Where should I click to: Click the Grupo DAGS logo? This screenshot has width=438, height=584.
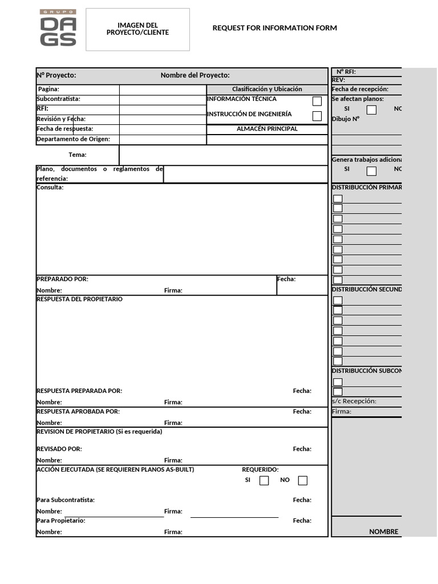click(x=58, y=29)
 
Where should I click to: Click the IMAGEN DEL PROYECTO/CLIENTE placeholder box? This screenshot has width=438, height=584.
click(x=137, y=29)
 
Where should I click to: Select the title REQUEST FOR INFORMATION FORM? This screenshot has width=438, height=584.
click(x=274, y=28)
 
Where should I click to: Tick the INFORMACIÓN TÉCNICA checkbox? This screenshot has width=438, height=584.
click(x=317, y=102)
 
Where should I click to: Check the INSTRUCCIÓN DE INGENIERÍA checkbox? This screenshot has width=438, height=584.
click(x=317, y=116)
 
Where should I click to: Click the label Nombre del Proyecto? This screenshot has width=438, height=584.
click(x=195, y=75)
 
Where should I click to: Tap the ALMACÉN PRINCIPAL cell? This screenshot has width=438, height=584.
click(x=267, y=129)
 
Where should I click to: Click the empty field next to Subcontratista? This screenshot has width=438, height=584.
click(x=163, y=100)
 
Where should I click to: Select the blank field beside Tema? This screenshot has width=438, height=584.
click(x=223, y=155)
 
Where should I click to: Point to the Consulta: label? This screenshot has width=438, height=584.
click(x=50, y=188)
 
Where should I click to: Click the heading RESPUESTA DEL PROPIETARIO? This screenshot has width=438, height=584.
click(x=79, y=299)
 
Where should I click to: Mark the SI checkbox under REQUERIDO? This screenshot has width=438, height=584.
click(x=264, y=480)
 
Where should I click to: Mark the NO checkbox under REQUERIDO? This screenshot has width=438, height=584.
click(x=303, y=480)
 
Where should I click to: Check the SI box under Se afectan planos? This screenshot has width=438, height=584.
click(x=371, y=109)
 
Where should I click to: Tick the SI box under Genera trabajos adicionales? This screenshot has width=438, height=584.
click(x=371, y=171)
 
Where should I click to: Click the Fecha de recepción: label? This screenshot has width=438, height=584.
click(x=360, y=90)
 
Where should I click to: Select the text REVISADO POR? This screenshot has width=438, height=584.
click(x=59, y=449)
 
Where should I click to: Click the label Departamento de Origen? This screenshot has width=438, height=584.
click(x=73, y=139)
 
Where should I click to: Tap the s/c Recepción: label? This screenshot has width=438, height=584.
click(x=354, y=401)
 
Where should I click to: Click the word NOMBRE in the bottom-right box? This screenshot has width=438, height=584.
click(x=384, y=532)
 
